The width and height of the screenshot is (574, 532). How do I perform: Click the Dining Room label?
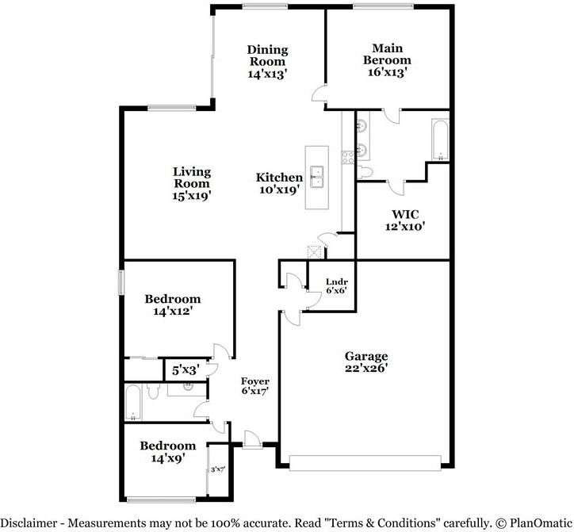[x=266, y=55]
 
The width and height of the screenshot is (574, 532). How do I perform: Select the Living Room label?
[x=193, y=178]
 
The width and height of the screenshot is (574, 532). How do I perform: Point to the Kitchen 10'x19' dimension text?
[x=279, y=190]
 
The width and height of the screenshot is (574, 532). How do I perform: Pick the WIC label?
[x=404, y=213]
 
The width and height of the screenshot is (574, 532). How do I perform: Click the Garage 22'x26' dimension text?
[x=365, y=369]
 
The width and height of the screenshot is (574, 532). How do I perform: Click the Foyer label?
[x=255, y=380]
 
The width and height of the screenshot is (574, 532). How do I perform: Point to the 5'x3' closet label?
[x=185, y=369]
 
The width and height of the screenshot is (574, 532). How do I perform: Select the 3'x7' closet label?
[x=218, y=469]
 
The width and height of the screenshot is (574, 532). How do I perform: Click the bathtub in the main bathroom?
[x=440, y=138]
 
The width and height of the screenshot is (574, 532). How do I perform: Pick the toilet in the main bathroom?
[x=365, y=172]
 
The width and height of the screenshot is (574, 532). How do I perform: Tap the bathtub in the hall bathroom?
[x=135, y=402]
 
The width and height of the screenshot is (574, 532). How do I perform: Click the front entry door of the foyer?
[x=253, y=438]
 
